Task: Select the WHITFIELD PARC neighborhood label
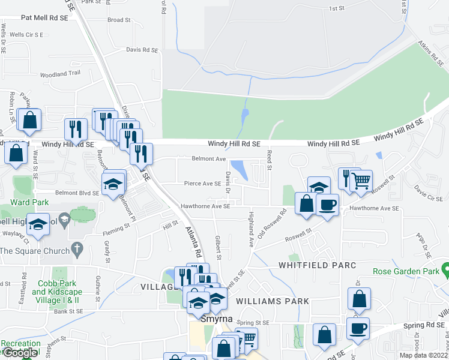317,265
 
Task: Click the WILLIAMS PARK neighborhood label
273,301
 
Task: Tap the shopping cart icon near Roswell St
361,180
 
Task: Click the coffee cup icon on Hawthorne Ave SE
327,204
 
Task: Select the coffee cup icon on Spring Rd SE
358,328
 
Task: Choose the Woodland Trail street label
59,73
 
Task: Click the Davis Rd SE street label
142,50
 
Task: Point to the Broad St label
119,20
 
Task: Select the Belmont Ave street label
208,159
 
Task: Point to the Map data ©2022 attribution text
424,355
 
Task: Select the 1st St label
336,9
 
